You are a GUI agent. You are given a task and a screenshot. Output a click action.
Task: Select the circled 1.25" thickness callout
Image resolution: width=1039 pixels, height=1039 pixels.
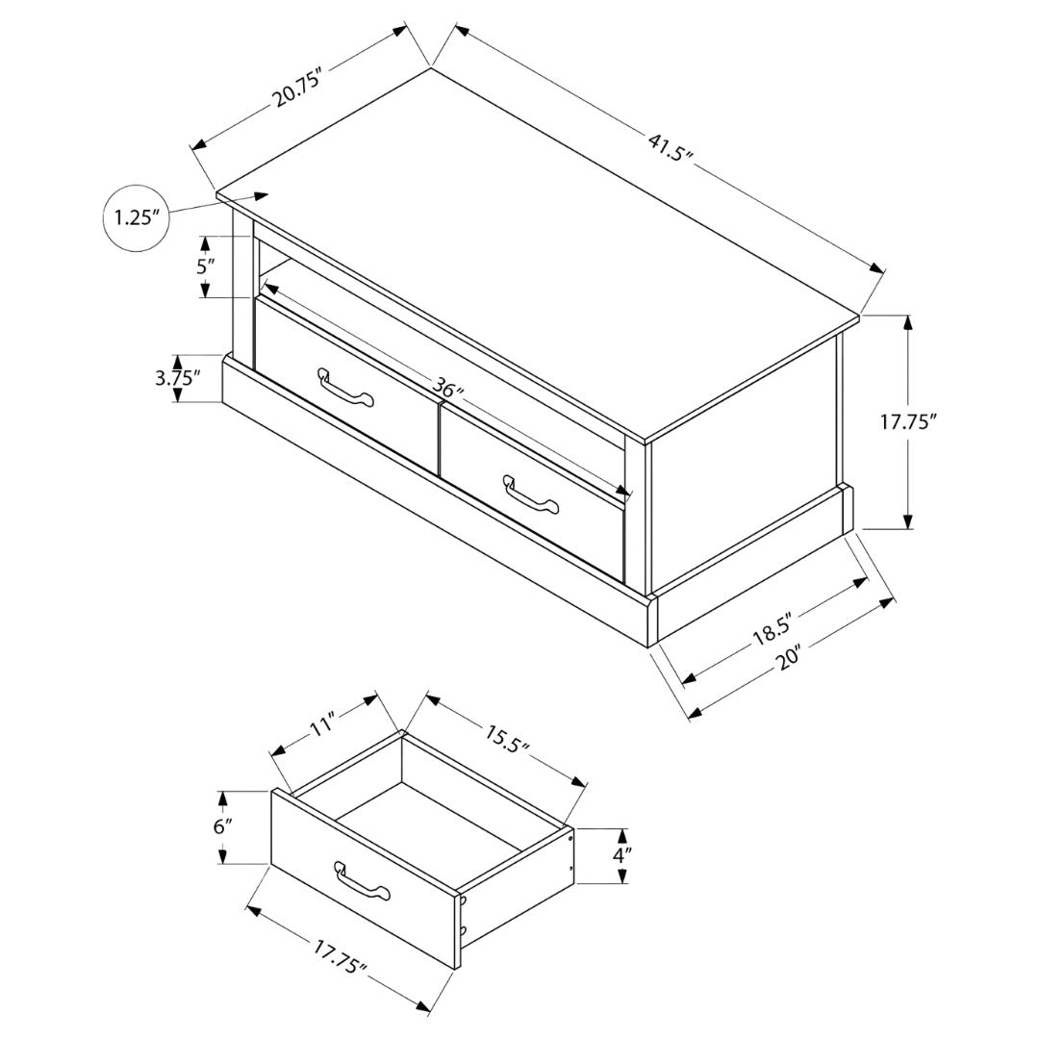pyautogui.click(x=136, y=218)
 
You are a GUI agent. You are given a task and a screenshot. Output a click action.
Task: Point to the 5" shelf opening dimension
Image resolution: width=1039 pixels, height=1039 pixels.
pyautogui.click(x=206, y=267)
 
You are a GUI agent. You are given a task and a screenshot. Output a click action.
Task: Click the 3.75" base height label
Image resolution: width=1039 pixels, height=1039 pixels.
pyautogui.click(x=178, y=378)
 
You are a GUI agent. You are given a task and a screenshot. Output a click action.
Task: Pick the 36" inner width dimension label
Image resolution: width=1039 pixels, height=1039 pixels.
pyautogui.click(x=448, y=387)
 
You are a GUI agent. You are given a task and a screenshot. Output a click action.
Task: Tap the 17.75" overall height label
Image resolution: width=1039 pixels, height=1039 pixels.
pyautogui.click(x=908, y=422)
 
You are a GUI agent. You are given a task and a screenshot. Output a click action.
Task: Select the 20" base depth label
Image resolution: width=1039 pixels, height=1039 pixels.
pyautogui.click(x=790, y=658)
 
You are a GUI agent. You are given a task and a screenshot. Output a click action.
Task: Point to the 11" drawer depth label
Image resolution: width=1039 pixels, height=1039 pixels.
pyautogui.click(x=325, y=722)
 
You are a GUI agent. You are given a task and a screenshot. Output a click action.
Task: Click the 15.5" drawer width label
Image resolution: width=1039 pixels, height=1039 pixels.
pyautogui.click(x=507, y=739)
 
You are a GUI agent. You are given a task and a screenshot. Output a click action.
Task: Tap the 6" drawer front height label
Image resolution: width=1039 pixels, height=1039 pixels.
pyautogui.click(x=222, y=827)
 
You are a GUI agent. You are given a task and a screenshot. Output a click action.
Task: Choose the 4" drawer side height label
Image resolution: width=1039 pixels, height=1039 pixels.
pyautogui.click(x=621, y=855)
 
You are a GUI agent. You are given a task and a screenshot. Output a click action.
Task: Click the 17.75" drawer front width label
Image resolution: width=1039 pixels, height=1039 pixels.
pyautogui.click(x=340, y=961)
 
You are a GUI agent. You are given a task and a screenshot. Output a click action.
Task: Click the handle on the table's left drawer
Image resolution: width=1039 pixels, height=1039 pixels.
pyautogui.click(x=346, y=389)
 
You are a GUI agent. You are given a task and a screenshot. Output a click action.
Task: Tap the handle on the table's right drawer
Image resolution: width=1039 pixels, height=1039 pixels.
pyautogui.click(x=531, y=495)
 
